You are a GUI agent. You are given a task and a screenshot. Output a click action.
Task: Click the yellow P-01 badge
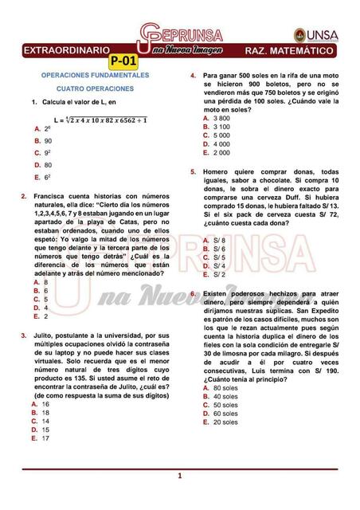pos(123,61)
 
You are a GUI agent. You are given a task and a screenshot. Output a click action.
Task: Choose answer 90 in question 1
pos(48,140)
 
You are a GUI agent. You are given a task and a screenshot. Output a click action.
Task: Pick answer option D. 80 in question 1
pos(44,165)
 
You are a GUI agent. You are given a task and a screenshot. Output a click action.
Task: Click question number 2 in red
pos(24,195)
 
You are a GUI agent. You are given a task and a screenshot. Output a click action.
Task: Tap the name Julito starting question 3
pos(45,336)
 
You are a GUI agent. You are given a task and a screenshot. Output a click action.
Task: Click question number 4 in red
pos(192,76)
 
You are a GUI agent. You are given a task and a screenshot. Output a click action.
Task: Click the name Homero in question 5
pos(217,171)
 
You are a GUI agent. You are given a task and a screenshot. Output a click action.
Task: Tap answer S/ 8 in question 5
pos(215,240)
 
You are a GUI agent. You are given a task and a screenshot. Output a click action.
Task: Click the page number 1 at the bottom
pos(180,477)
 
